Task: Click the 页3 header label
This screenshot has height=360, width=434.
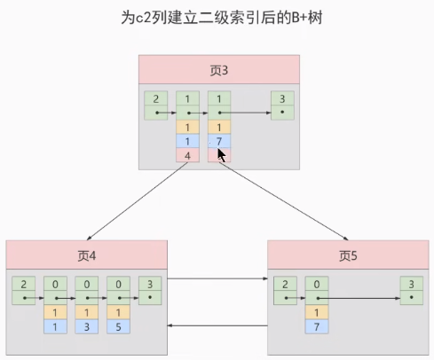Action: [x=219, y=69]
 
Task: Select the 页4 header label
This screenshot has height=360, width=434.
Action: [x=85, y=255]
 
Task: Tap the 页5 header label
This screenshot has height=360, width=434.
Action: [x=349, y=255]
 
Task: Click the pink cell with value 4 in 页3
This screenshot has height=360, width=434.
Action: [x=187, y=155]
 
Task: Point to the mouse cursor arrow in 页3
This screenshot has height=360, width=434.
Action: [x=222, y=154]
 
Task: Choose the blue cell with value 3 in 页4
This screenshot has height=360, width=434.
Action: [x=87, y=327]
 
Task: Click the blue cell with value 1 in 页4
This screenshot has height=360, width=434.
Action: [x=55, y=327]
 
